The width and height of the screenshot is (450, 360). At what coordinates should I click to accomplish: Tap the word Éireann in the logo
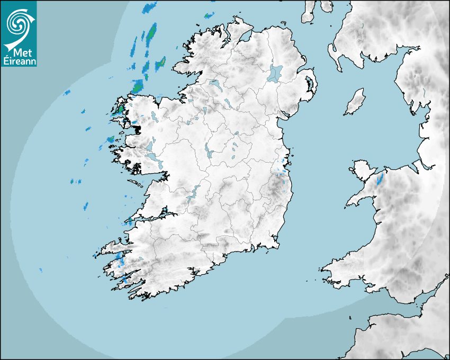(22, 61)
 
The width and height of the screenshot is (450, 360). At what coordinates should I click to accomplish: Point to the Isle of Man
(355, 102)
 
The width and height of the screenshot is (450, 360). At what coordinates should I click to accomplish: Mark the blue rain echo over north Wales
(380, 179)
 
